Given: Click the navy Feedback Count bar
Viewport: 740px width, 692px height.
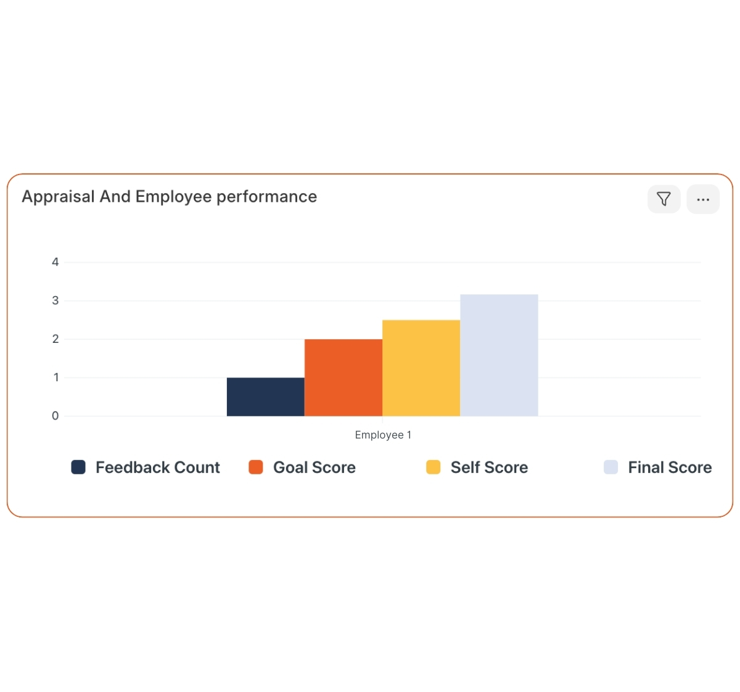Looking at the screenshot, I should (x=266, y=397).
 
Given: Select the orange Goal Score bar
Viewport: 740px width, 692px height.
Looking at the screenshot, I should (x=343, y=377).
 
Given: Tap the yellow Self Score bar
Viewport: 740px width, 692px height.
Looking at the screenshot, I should (x=421, y=368).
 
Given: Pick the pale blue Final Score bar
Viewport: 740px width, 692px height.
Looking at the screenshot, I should (x=499, y=355).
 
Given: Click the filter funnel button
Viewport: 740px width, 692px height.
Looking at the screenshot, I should (x=664, y=199).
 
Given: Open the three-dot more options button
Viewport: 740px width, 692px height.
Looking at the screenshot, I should (x=703, y=199).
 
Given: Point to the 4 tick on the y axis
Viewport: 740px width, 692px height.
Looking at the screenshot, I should (x=55, y=262).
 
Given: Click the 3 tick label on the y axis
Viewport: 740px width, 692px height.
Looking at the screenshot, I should (x=55, y=300).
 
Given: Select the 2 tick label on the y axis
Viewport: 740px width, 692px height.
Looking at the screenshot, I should (x=55, y=339).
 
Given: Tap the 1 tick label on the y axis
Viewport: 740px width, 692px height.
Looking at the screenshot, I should (x=55, y=377).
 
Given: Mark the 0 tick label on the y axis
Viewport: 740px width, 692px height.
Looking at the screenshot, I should (x=55, y=416).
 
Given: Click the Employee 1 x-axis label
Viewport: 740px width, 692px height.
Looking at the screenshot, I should (x=383, y=435).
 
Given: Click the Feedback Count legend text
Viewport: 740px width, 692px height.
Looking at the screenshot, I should (x=158, y=468).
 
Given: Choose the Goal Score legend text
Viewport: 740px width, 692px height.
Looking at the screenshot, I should (x=314, y=468).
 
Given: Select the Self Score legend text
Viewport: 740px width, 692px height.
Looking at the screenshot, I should (x=489, y=468).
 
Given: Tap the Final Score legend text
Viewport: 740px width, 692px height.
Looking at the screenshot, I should (x=670, y=468).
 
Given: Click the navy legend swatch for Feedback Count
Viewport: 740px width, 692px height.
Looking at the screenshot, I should (x=78, y=467).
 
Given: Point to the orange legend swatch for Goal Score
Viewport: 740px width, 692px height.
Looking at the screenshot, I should (x=256, y=467).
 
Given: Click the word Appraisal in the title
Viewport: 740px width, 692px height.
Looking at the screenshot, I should (x=59, y=197).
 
